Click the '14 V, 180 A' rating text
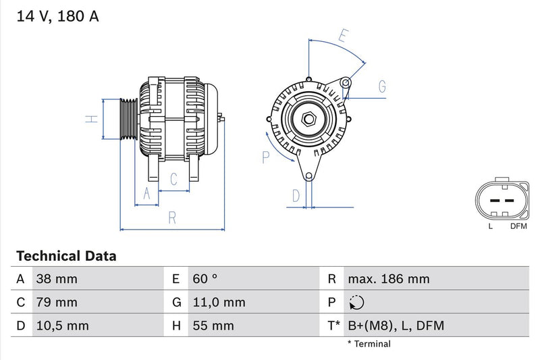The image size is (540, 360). click(x=57, y=16)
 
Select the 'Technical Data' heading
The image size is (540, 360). click(x=66, y=256)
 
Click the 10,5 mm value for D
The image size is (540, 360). click(x=63, y=326)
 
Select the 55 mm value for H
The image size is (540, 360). click(x=213, y=326)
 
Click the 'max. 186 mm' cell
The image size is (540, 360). click(x=388, y=279)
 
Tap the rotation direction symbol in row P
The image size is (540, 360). click(x=357, y=303)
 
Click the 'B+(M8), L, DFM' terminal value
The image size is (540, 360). click(x=396, y=326)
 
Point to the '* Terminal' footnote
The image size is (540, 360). click(x=369, y=344)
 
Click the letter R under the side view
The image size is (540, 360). click(x=172, y=217)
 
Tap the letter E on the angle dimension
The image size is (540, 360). click(x=344, y=36)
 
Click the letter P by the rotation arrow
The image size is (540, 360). click(x=266, y=157)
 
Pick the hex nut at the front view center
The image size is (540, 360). click(x=309, y=119)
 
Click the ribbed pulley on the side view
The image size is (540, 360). click(x=128, y=119)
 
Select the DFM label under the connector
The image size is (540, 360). click(x=518, y=226)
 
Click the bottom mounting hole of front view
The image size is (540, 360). click(x=309, y=176)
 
